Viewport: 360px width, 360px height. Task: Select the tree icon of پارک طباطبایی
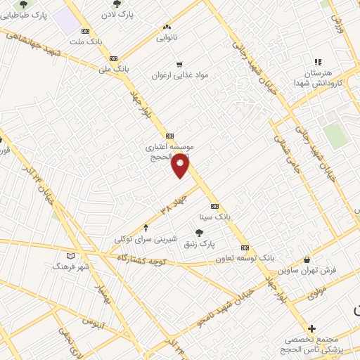[23, 4]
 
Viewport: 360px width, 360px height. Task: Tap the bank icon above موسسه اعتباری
[169, 136]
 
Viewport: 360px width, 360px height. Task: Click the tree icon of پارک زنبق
[200, 232]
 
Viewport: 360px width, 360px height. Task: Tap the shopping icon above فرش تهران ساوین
[307, 259]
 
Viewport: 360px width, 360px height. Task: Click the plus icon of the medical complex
[311, 328]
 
